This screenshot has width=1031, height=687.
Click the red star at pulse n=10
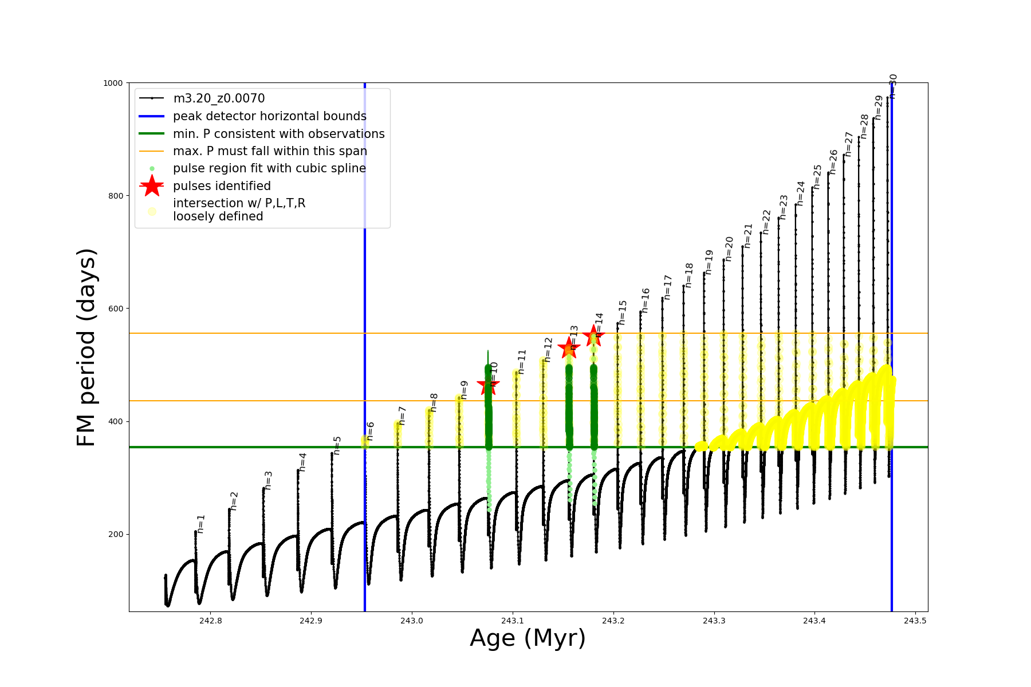point(488,384)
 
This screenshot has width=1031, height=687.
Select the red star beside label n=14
point(593,335)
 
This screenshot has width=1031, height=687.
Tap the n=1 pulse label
point(201,524)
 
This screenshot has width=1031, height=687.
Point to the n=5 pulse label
point(337,445)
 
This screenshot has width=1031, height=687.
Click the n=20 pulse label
point(729,249)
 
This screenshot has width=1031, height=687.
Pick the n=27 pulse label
point(849,144)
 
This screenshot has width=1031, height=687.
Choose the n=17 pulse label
point(667,287)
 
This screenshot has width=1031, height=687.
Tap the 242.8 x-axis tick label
point(210,621)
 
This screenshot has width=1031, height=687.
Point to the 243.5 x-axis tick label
point(915,621)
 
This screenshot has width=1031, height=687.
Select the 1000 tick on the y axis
point(113,83)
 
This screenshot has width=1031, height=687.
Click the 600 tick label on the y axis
point(115,309)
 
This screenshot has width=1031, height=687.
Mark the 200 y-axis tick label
point(115,534)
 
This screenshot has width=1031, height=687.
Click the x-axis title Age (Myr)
point(528,638)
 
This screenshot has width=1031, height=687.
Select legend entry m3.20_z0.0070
point(219,98)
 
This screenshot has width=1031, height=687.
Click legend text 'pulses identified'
point(222,186)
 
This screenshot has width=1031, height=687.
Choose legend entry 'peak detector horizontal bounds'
point(269,116)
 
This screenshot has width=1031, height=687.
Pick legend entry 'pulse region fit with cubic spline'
point(269,168)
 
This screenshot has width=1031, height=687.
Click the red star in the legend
point(152,185)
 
